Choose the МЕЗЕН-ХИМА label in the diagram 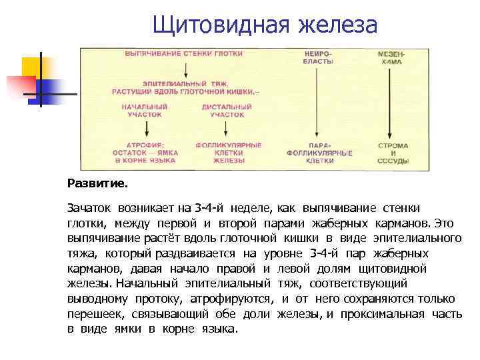tap(391, 57)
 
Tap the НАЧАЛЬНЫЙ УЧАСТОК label tap(145, 111)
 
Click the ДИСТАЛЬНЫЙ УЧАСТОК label tap(227, 111)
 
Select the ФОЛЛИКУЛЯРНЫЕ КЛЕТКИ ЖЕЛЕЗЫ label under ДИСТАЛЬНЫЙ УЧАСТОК tap(229, 153)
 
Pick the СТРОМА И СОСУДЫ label tap(393, 153)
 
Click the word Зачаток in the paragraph tap(91, 208)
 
